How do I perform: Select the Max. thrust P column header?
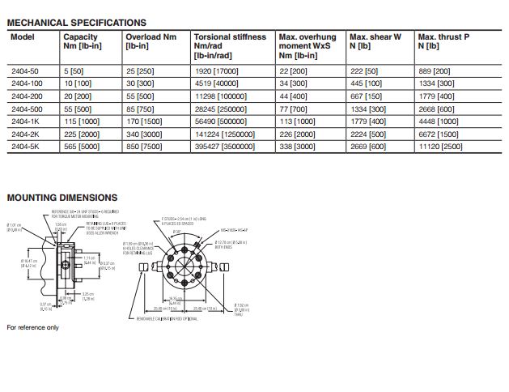tap(443, 42)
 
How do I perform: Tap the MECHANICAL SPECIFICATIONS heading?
tap(77, 23)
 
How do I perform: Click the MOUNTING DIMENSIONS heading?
tap(62, 198)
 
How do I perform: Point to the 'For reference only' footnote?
tap(33, 327)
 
